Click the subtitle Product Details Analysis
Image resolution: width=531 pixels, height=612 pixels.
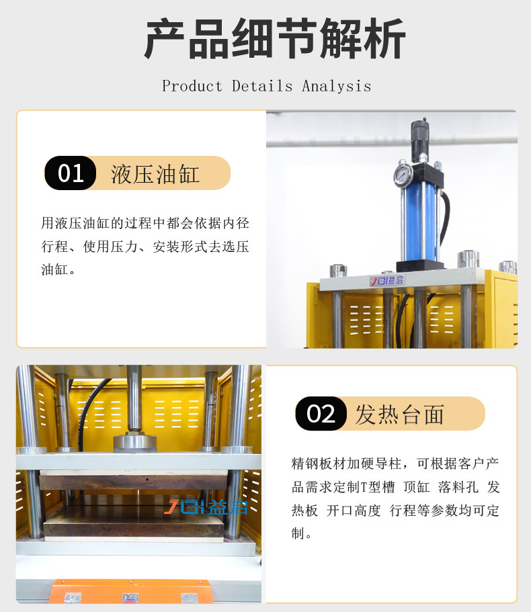coord(266,86)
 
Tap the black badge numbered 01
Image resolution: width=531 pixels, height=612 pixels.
coord(70,173)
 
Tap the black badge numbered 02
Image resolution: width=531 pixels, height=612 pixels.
coord(321,413)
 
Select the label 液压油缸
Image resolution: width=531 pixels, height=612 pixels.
coord(155,173)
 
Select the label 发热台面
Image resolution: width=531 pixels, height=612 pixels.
coord(399,414)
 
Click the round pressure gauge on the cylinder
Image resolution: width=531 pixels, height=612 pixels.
coord(403,175)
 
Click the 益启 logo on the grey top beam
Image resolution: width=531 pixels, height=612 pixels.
coord(387,280)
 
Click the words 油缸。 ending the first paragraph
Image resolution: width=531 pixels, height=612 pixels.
coord(58,270)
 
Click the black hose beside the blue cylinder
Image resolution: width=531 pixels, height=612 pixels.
coord(444,215)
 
